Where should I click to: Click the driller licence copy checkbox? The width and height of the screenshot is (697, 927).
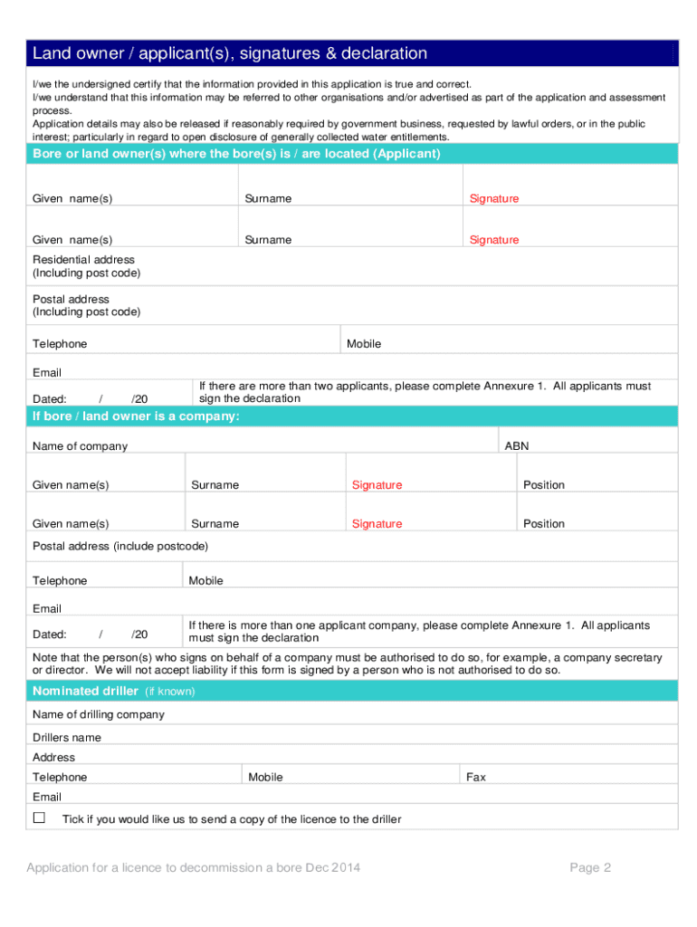(x=39, y=817)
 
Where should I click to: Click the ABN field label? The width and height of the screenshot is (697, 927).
(x=516, y=446)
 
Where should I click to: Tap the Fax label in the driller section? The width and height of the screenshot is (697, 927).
(x=475, y=777)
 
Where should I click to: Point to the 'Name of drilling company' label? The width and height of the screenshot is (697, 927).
(x=99, y=714)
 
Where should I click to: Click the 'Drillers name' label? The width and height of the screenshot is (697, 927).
(x=67, y=737)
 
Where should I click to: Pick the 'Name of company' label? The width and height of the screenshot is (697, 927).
(x=80, y=446)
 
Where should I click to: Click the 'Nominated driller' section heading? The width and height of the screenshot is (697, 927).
(x=85, y=691)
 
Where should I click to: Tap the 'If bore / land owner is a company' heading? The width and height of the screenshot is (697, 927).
(x=136, y=416)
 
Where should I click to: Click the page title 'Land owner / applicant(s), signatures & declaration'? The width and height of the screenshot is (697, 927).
(x=230, y=53)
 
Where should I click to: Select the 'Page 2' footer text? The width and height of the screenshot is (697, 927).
(x=590, y=867)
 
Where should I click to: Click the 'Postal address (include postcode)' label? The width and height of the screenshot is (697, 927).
(x=120, y=546)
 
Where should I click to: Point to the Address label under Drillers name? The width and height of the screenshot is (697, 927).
(x=53, y=757)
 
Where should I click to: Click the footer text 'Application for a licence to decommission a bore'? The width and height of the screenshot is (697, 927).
(x=193, y=867)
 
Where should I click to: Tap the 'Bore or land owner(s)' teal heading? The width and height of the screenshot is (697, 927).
(x=236, y=154)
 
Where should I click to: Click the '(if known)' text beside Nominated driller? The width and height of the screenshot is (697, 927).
(x=170, y=692)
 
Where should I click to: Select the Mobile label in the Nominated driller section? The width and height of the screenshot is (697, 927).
(x=265, y=777)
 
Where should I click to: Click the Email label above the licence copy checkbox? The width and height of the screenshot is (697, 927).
(x=47, y=797)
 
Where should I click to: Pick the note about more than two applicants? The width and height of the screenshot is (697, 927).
(x=425, y=392)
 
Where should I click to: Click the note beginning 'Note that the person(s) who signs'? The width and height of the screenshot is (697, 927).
(x=347, y=664)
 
